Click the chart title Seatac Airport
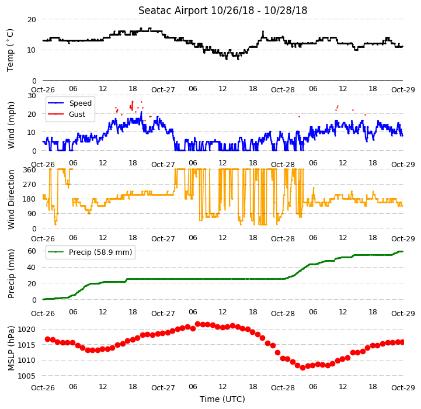(173, 11)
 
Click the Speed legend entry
(70, 103)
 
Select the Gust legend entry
(67, 114)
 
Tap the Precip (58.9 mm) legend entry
(90, 252)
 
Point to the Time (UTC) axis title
(222, 399)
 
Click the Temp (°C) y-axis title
(10, 50)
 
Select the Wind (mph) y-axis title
(11, 125)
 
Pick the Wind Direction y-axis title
(11, 199)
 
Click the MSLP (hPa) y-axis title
(11, 348)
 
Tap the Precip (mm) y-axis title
(11, 274)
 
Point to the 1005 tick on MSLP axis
(27, 376)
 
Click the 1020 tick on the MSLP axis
(27, 330)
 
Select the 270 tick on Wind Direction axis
(30, 185)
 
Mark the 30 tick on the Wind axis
(32, 96)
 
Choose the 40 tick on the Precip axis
(32, 268)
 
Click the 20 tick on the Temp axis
(32, 20)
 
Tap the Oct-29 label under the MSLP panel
(403, 388)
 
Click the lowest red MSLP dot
(302, 368)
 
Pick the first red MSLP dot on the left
(47, 339)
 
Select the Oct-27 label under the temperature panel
(163, 90)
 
